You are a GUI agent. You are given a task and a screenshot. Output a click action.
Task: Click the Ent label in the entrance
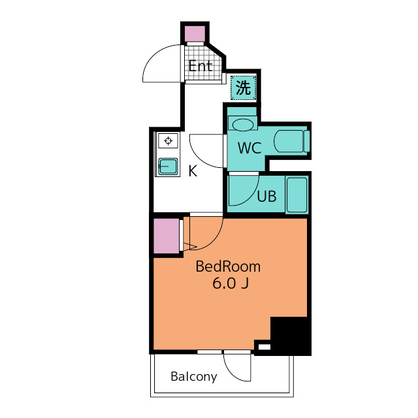coord(201,66)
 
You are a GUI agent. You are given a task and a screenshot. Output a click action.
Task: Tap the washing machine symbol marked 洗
coord(244,88)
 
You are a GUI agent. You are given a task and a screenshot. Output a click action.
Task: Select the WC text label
coord(249,148)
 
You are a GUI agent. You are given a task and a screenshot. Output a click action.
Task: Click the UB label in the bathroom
coord(266,197)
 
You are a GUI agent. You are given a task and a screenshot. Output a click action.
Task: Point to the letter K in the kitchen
coord(193,171)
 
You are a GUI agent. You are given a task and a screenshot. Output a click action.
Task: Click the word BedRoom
coord(228,266)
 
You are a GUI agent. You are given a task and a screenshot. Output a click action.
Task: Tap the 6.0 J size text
coord(231,283)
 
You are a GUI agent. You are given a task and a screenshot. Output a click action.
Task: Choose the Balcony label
coord(194,377)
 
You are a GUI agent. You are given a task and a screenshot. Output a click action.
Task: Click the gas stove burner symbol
coord(168,140)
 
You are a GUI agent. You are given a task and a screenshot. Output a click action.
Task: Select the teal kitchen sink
coord(168,167)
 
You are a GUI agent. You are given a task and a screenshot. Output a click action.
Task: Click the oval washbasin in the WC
coord(243,125)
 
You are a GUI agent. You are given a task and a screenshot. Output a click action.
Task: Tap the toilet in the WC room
coord(292,141)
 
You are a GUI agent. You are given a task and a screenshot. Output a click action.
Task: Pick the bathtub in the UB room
coord(297,195)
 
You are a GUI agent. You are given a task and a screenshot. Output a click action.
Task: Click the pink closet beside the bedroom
coord(167,236)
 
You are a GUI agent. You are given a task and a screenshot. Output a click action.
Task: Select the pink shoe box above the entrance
coord(195,34)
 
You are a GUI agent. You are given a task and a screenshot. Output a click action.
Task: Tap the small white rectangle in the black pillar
coord(265,347)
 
